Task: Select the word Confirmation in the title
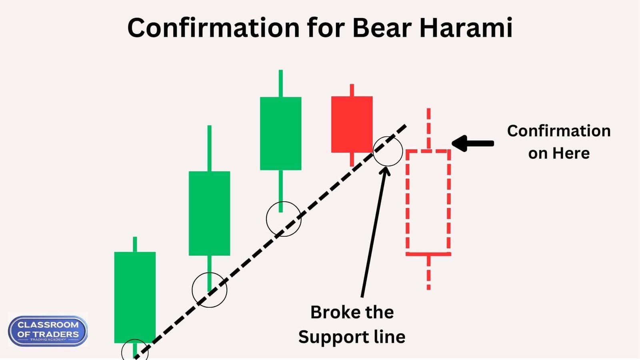pos(213,28)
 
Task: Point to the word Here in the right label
pos(571,153)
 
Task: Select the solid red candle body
pos(352,124)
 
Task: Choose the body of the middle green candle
pos(209,213)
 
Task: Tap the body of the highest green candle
pos(280,133)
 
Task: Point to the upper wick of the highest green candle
pos(281,83)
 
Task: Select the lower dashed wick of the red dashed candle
pos(428,272)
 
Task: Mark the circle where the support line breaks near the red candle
pos(388,151)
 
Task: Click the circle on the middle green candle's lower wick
pos(209,290)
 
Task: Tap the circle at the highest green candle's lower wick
pos(283,219)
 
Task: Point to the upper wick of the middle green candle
pos(209,148)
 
